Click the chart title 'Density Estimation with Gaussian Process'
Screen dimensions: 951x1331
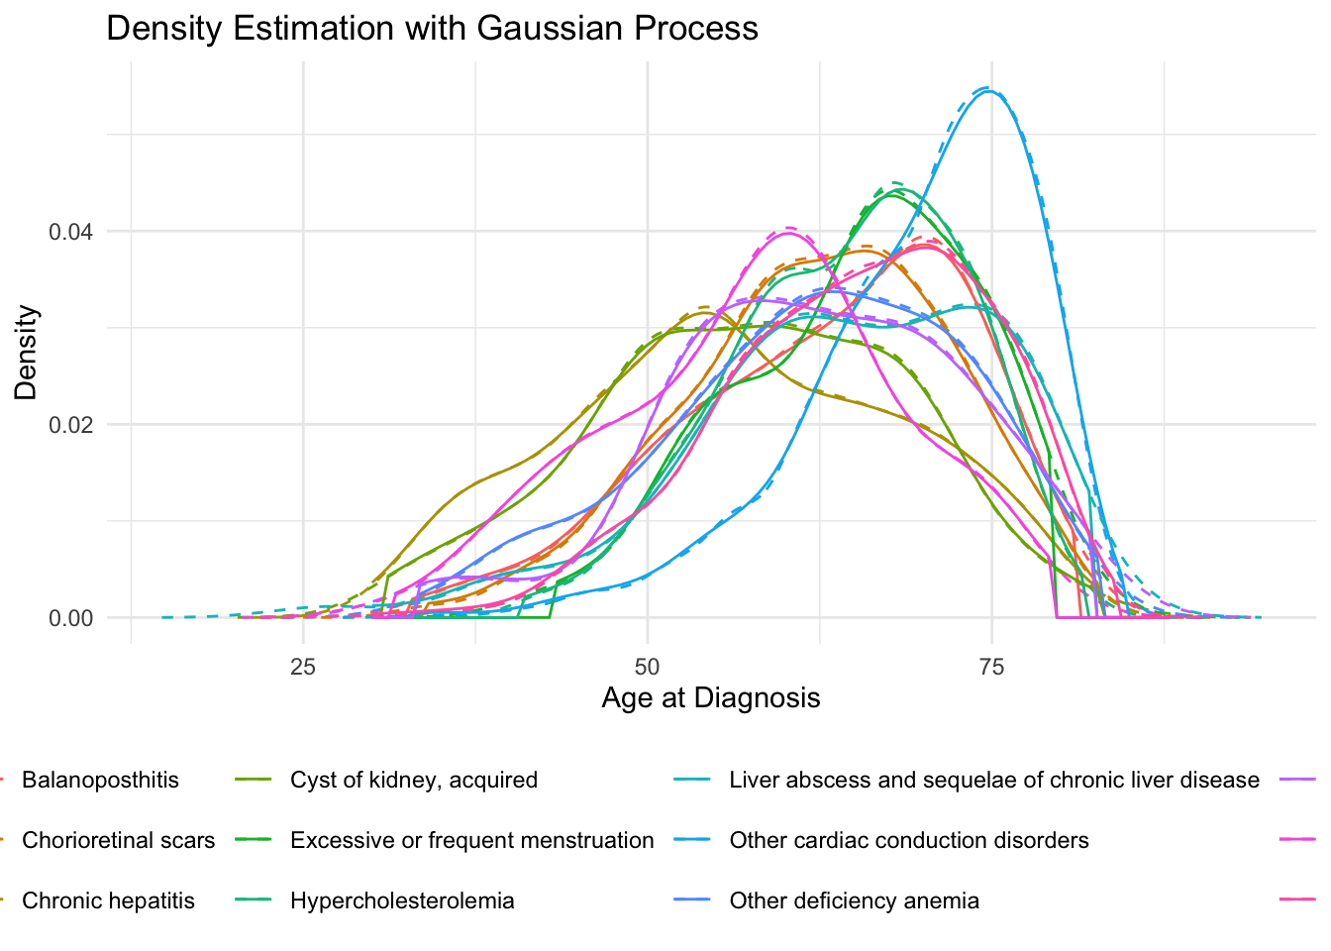pos(432,28)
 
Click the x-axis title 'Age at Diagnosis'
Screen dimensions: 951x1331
pos(711,698)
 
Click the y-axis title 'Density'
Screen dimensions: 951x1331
pos(26,353)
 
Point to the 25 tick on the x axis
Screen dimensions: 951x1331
pos(303,667)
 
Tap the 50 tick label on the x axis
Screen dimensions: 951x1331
pos(647,667)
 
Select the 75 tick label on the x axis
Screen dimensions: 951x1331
pos(991,667)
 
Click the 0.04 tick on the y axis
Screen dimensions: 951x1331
pos(71,232)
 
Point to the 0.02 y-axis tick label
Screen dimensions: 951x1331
pos(71,425)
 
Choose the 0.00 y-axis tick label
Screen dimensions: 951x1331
pos(71,618)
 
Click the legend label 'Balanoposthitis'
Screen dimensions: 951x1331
pos(100,781)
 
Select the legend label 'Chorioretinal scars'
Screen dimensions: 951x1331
pos(118,841)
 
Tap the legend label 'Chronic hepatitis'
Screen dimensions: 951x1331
pos(108,901)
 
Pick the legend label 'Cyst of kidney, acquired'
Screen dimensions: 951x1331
pos(414,781)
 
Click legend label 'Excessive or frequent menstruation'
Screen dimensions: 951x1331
pos(471,841)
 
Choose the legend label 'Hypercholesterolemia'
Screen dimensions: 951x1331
pos(402,901)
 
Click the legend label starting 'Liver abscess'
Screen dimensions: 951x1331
pos(994,781)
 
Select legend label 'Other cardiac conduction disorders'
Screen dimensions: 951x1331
pos(909,841)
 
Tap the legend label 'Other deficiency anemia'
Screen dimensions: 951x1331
pos(855,901)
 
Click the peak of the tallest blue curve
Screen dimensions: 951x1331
pos(988,90)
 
